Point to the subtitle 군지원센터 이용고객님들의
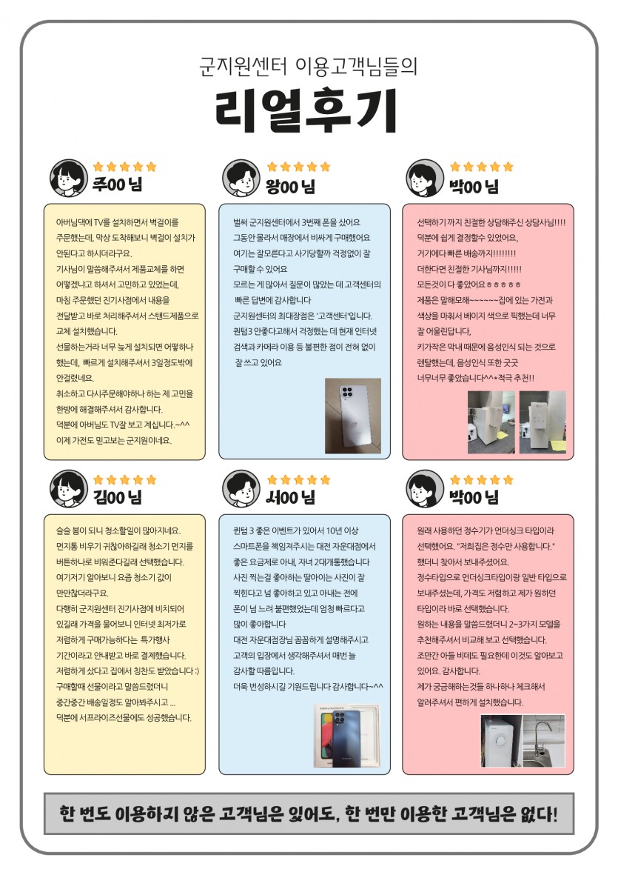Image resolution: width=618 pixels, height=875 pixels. (x=308, y=67)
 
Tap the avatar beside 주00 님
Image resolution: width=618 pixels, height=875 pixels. (x=69, y=178)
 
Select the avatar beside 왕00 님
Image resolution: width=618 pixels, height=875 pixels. (x=241, y=178)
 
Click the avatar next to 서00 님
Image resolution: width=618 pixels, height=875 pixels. (x=241, y=489)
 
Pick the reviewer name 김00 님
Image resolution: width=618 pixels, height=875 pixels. (x=118, y=496)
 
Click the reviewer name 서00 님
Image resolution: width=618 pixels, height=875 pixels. (x=290, y=496)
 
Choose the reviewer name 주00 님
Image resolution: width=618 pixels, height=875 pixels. (x=118, y=184)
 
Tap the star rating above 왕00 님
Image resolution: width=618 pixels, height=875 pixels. (x=299, y=166)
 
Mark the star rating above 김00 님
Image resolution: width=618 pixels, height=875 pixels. (x=125, y=479)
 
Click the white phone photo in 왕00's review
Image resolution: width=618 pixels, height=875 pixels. (x=353, y=416)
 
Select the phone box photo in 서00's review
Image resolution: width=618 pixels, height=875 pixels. (x=346, y=736)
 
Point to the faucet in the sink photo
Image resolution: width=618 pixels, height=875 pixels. (x=541, y=736)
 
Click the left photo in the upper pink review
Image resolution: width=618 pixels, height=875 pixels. (x=491, y=422)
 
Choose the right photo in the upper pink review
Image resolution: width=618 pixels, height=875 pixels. (x=543, y=422)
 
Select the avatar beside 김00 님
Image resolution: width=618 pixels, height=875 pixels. (x=69, y=489)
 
